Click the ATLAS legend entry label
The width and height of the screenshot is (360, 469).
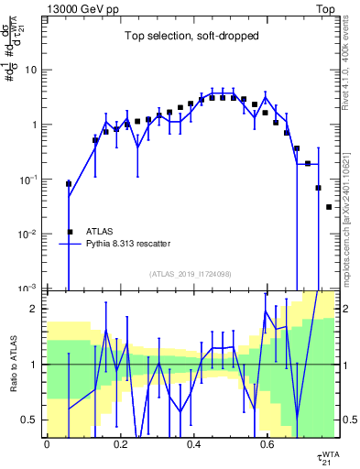pos(102,232)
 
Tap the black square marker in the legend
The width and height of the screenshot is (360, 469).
pos(70,232)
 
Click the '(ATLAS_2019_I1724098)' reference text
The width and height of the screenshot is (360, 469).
pos(190,274)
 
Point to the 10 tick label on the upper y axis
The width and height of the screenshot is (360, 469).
pos(32,70)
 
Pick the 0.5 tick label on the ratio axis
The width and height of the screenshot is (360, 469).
pos(30,420)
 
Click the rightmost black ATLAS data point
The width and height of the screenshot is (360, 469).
pos(329,207)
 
